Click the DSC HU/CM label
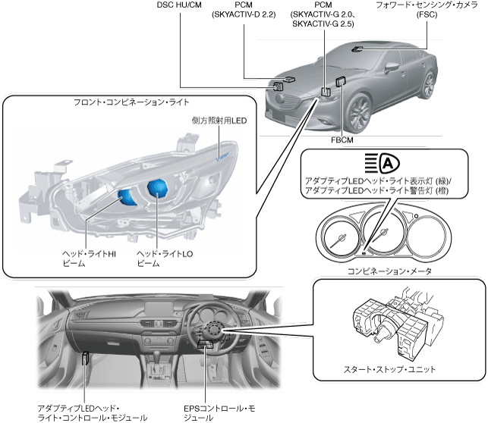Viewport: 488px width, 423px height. (x=179, y=5)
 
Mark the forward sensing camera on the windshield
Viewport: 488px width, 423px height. (x=355, y=48)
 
